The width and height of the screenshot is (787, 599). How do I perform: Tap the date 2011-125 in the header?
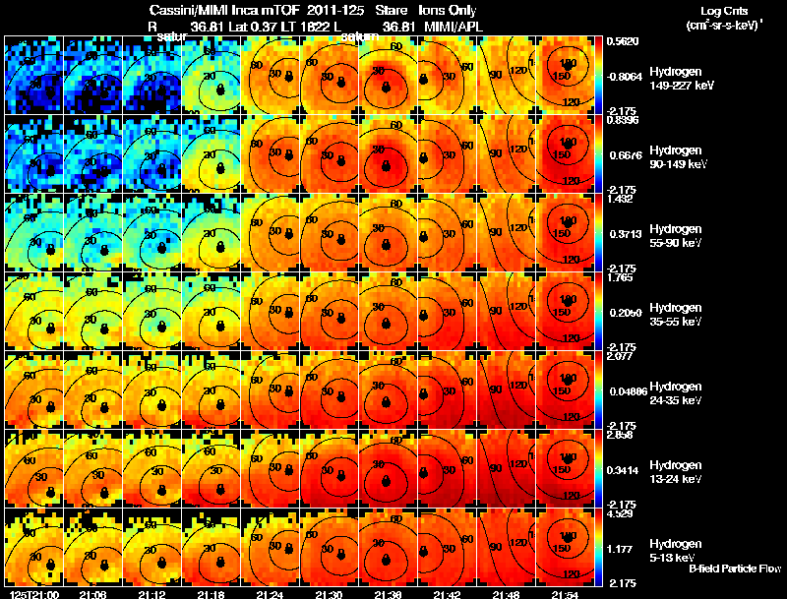(329, 10)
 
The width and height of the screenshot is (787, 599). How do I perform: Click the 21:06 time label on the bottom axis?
(94, 593)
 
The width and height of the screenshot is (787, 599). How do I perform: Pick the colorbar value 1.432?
(620, 199)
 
